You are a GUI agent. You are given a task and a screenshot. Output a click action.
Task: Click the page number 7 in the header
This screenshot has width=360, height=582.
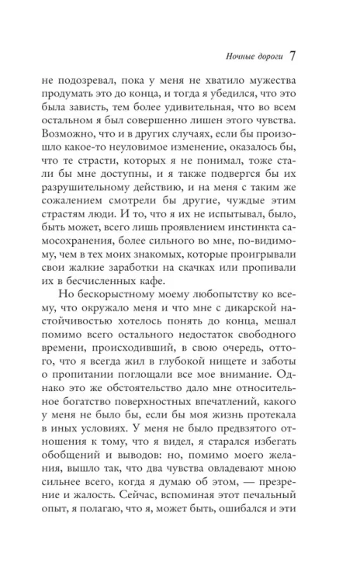tap(293, 56)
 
